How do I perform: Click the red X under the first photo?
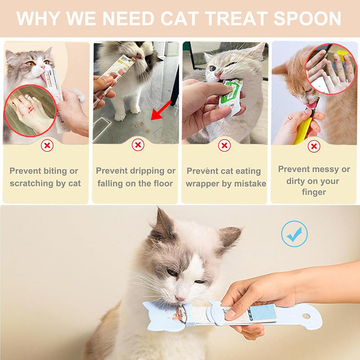coord(47,145)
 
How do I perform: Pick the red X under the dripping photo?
coord(138,145)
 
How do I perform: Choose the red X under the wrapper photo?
coord(224,145)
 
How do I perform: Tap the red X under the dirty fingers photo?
coord(314,146)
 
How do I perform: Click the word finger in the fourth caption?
coord(314,192)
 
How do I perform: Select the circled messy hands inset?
coord(330,69)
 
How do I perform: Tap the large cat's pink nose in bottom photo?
coord(180,298)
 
